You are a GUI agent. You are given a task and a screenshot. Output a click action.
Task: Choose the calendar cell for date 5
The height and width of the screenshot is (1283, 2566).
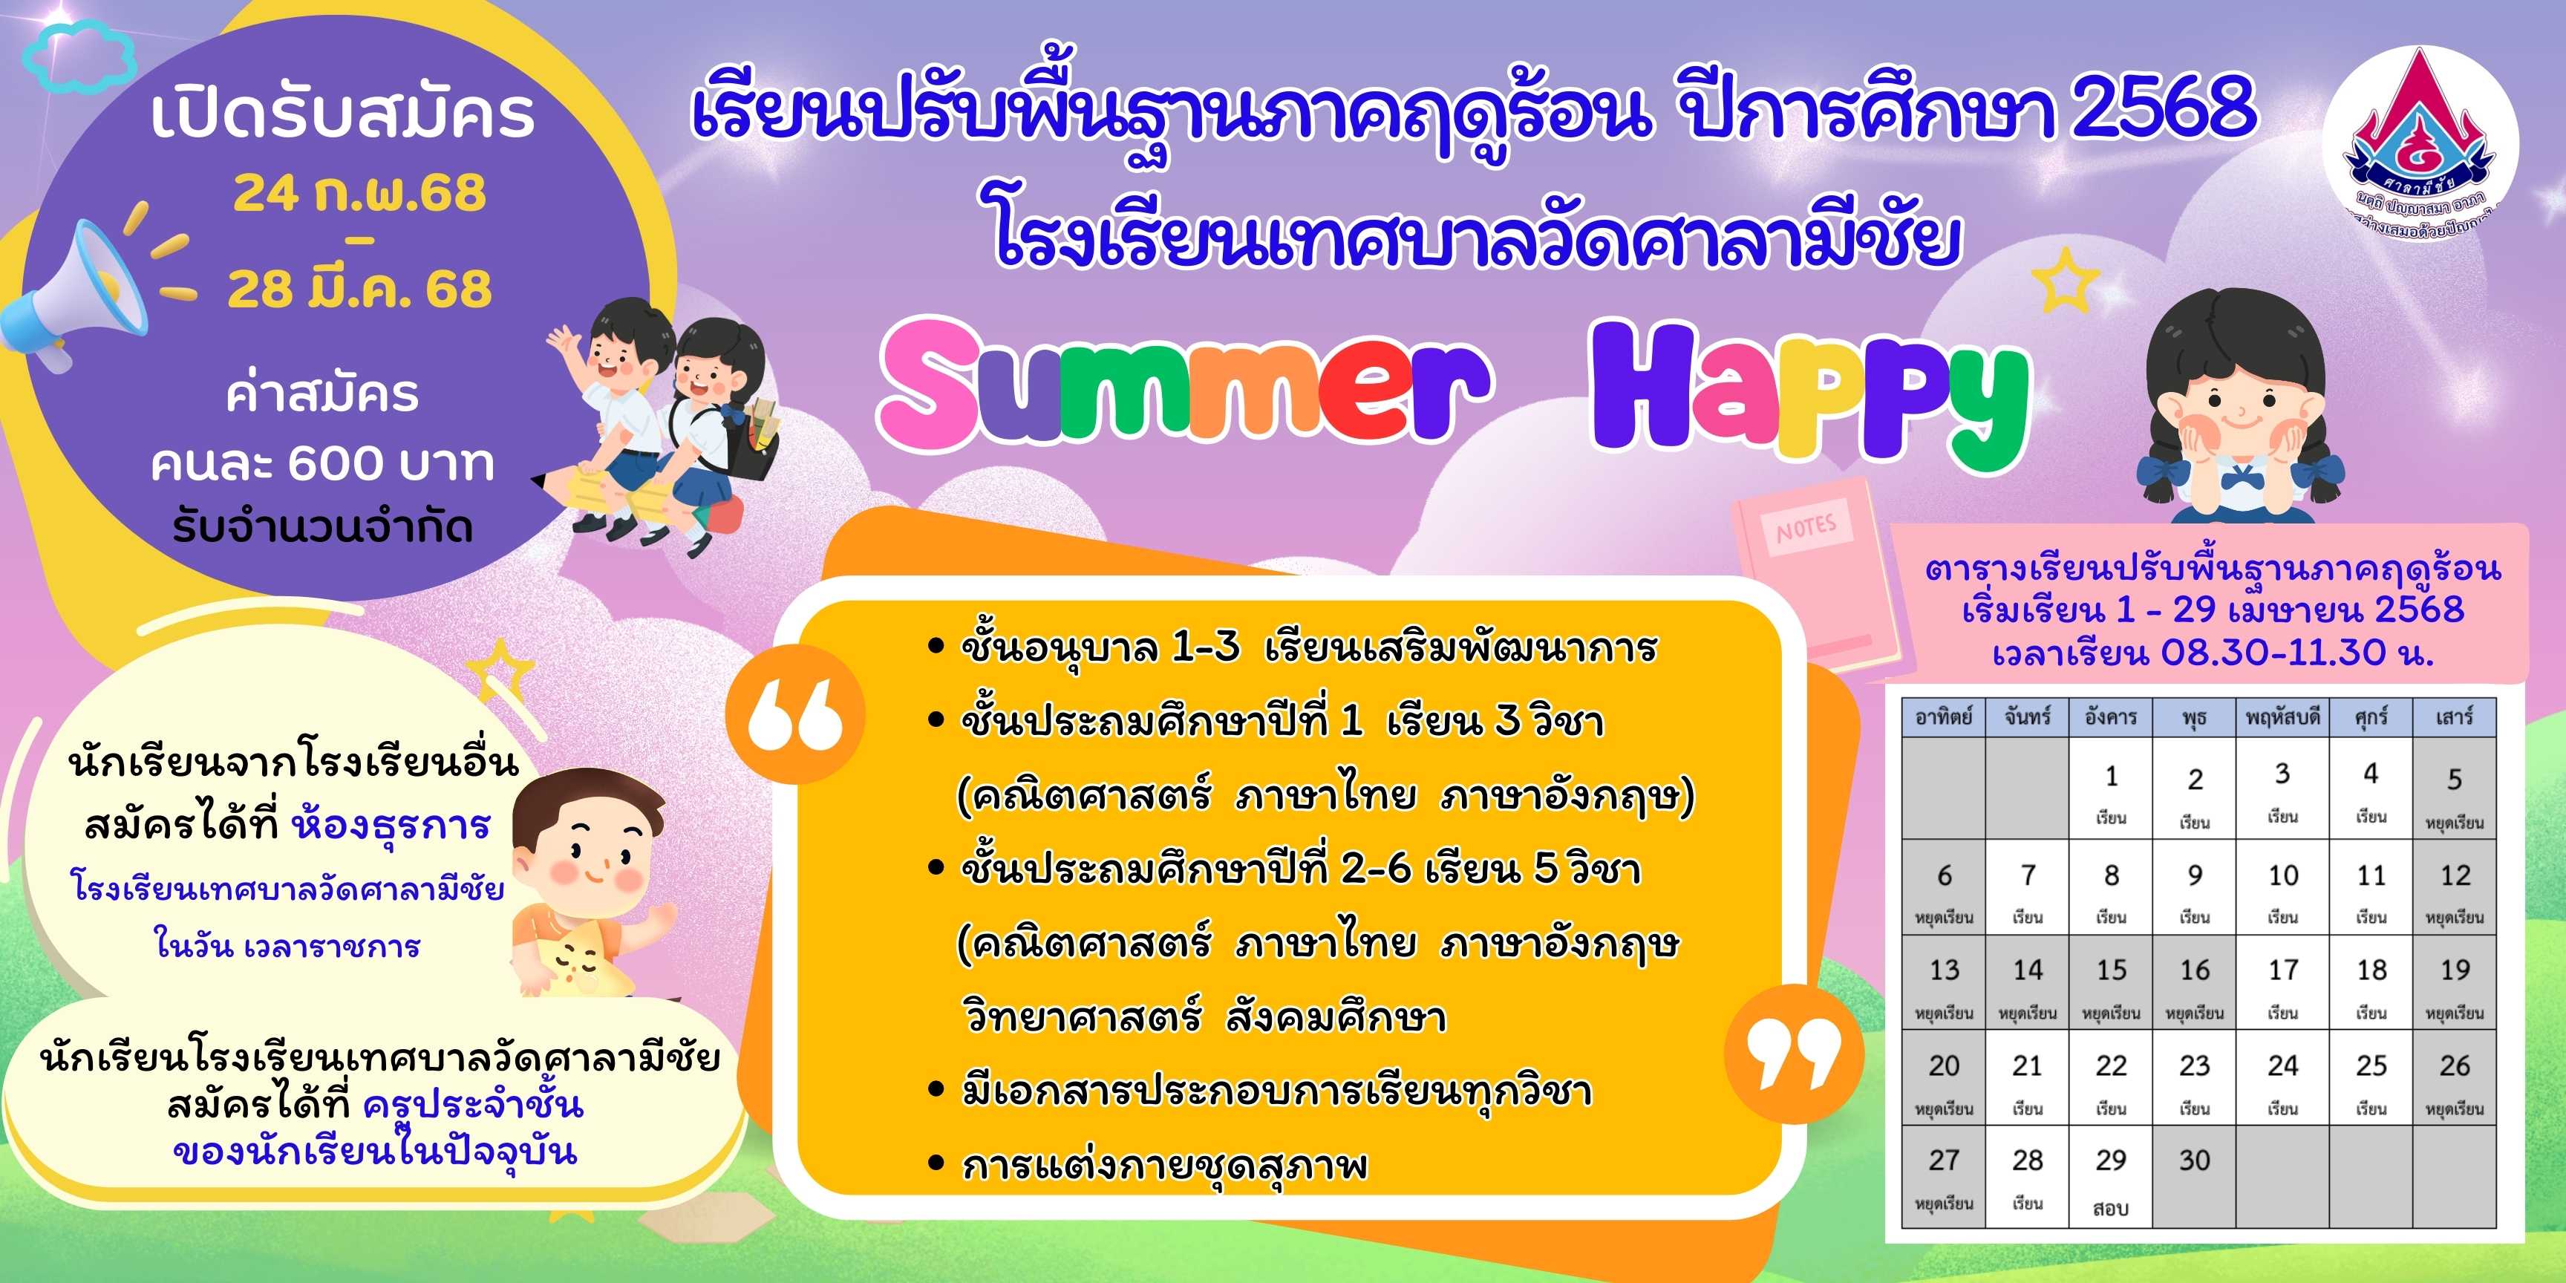[2455, 793]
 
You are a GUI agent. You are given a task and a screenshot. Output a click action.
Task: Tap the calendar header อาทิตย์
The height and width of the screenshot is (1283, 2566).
[1943, 716]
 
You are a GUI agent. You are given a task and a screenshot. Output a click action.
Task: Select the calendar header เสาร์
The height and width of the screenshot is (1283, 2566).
[2455, 716]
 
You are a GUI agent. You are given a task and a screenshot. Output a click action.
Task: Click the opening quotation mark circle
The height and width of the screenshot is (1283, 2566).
[795, 714]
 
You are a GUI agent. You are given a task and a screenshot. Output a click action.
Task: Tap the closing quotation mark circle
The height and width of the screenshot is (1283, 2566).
[1795, 1054]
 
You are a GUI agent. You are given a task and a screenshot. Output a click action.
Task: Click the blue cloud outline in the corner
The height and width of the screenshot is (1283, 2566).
[79, 58]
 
